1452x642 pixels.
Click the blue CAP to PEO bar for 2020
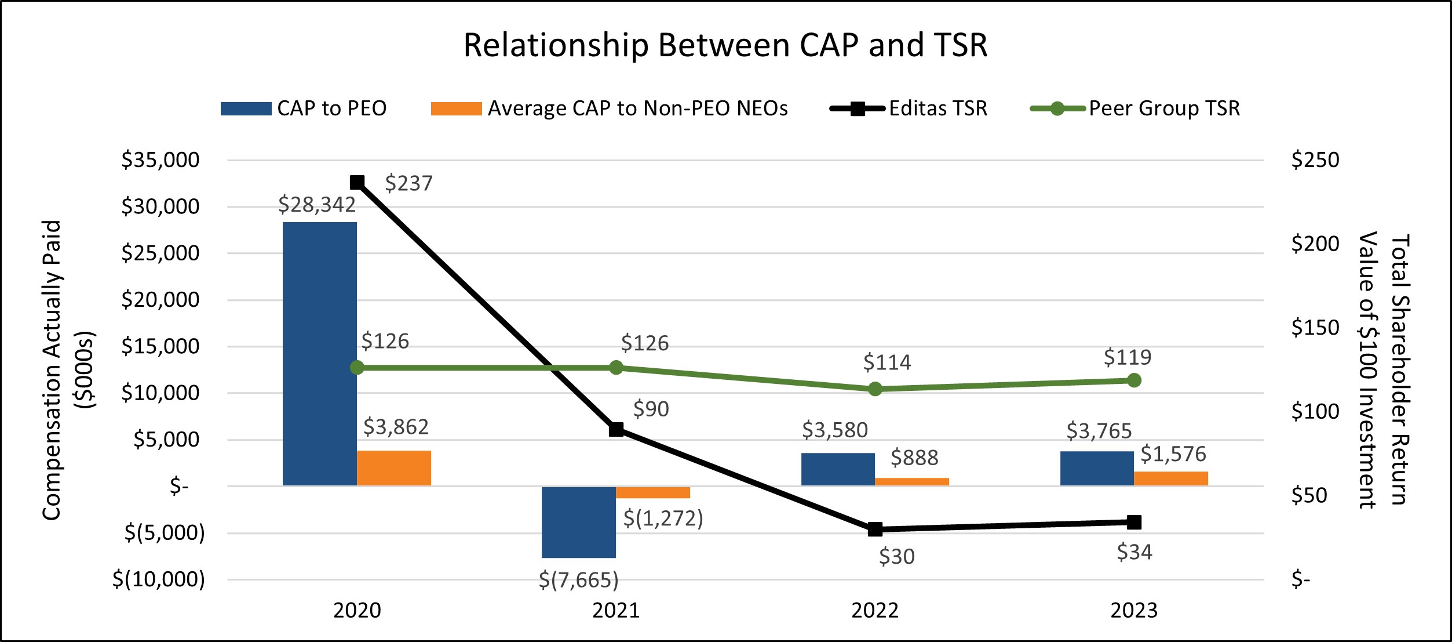click(319, 354)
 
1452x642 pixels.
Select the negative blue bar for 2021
click(578, 522)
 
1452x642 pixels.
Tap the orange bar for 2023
click(1170, 478)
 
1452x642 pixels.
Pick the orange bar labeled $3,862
click(393, 468)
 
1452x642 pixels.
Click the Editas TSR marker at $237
click(357, 183)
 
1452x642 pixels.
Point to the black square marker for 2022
click(875, 529)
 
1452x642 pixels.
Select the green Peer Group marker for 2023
click(1134, 380)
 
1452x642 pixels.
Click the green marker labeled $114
click(875, 389)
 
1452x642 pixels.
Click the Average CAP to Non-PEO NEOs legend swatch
click(456, 108)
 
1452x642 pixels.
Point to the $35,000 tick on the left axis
click(160, 160)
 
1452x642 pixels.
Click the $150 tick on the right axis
click(1315, 328)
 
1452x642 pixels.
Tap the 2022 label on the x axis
click(875, 611)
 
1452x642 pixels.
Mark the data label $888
click(914, 458)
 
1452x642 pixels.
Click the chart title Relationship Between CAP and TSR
click(725, 45)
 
